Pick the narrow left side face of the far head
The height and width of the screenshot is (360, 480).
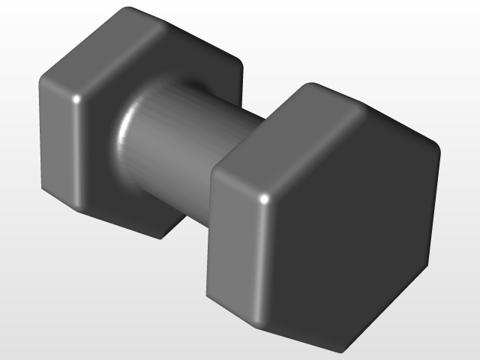pos(56,142)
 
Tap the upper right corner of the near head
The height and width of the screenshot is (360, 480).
pos(436,146)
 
